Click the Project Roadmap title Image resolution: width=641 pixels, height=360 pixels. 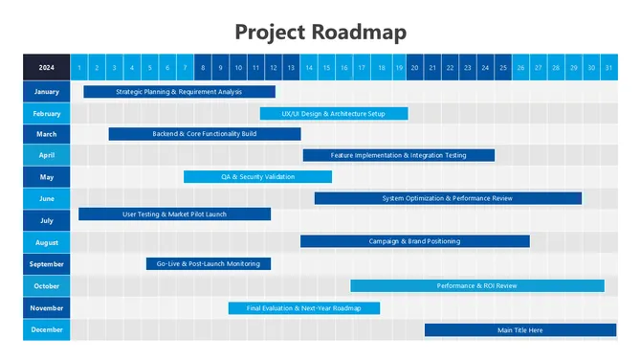320,32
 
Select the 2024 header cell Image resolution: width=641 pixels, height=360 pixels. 47,67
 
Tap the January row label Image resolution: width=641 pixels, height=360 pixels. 47,92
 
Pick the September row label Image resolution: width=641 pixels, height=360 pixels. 47,263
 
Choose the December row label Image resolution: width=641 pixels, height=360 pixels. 47,330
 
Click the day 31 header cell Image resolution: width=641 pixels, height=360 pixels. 608,67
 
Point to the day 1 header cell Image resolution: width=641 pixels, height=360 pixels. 80,67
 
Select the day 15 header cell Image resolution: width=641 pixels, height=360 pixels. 326,67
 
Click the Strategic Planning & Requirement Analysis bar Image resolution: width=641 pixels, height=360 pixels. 179,92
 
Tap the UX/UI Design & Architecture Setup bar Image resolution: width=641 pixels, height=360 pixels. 334,113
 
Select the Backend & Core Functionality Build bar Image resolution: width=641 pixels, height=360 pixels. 205,134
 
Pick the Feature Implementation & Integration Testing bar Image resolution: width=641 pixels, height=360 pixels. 399,155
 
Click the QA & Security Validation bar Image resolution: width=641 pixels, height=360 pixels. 257,176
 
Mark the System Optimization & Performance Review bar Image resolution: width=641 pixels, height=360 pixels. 448,198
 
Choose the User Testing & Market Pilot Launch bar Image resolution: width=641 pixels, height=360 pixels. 174,214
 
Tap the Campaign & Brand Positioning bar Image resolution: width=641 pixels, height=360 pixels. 414,241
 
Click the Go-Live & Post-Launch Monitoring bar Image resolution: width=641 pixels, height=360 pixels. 208,263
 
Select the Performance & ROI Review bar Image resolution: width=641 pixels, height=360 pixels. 476,285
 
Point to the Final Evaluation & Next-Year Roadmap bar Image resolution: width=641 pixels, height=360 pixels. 303,308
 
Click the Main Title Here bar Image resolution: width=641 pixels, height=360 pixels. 519,330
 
